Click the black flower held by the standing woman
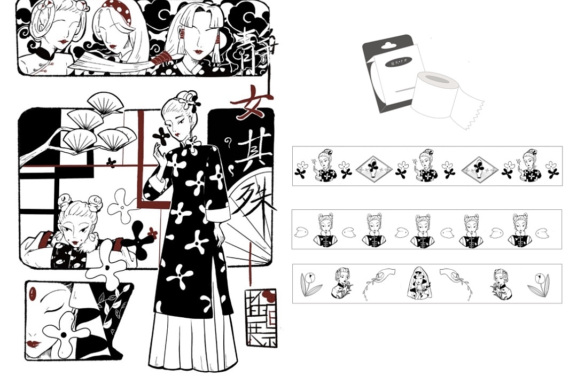click(x=161, y=136)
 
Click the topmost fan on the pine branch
click(x=105, y=103)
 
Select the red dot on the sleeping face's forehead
click(x=33, y=293)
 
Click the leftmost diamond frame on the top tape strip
click(x=374, y=169)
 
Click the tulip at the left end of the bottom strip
click(x=310, y=284)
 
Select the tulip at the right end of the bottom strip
click(x=540, y=284)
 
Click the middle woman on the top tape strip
click(x=426, y=166)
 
